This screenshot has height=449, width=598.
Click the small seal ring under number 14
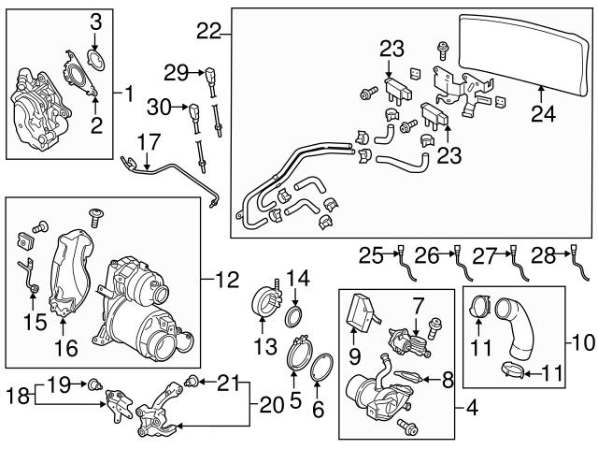coord(292,311)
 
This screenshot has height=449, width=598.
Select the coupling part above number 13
coord(264,303)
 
